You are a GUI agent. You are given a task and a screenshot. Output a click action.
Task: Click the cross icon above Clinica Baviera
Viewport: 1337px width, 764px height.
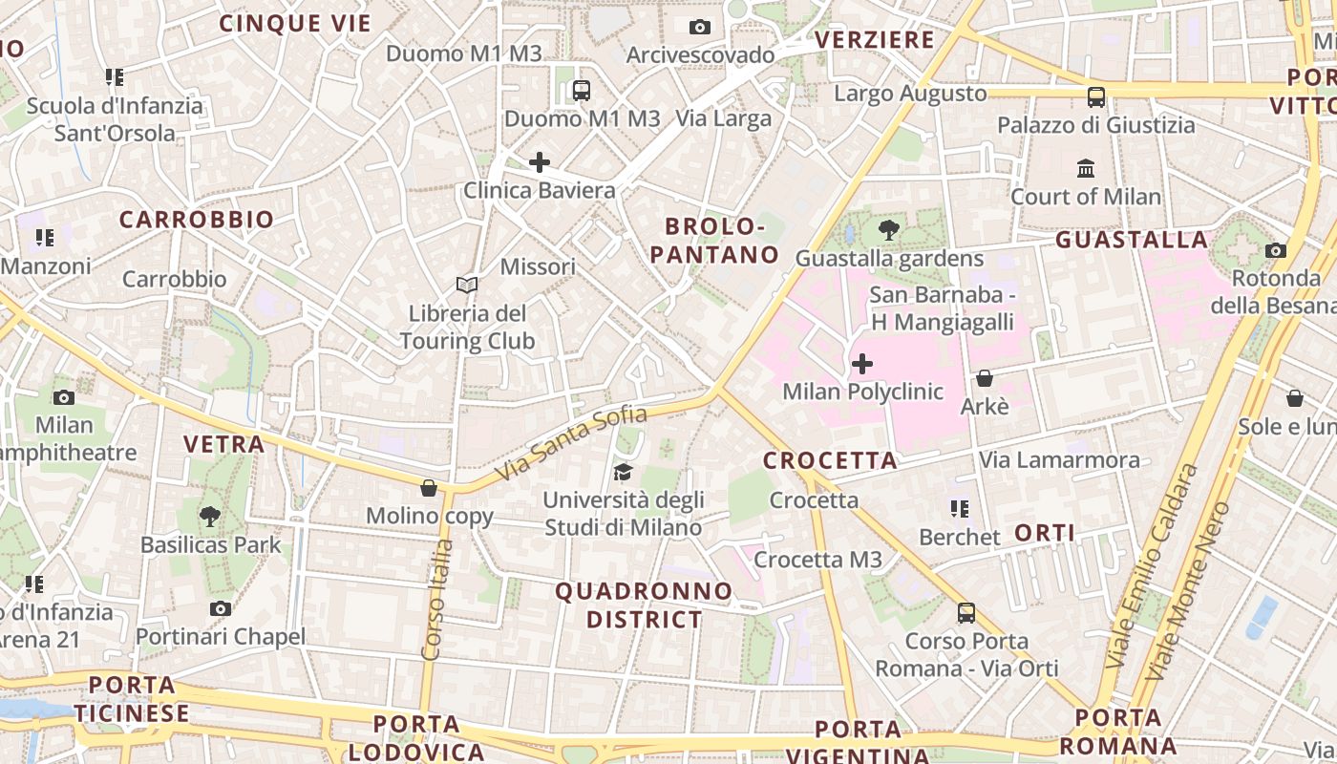coord(540,162)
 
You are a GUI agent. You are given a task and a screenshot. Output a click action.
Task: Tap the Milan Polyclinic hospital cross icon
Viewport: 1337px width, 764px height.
coord(862,364)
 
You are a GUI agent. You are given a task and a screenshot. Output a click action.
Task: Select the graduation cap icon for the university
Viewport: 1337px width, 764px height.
coord(624,473)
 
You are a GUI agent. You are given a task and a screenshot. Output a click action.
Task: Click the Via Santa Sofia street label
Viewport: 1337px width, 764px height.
coord(572,443)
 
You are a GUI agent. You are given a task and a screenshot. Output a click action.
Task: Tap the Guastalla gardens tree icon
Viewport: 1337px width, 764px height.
coord(889,230)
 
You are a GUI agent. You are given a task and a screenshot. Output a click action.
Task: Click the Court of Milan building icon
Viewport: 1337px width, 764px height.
coord(1086,169)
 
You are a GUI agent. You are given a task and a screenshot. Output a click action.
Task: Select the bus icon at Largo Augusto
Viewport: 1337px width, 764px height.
coord(1096,96)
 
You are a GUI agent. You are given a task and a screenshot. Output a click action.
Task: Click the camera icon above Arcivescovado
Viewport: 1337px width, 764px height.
coord(700,27)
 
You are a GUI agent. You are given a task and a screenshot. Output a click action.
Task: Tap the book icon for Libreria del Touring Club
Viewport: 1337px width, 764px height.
coord(467,285)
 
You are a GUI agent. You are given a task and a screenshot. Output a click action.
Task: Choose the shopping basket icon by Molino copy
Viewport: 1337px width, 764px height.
coord(429,488)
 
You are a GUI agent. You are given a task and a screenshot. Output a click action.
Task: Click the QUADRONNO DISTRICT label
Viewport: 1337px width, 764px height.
coord(644,605)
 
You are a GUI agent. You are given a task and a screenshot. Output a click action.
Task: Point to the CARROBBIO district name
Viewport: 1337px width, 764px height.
coord(197,220)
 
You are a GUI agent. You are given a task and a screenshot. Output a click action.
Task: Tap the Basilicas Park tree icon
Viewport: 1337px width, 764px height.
coord(210,517)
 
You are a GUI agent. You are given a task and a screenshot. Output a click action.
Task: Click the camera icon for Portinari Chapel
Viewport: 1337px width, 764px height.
coord(221,608)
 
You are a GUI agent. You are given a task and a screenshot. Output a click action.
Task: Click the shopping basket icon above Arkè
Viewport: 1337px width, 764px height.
coord(985,378)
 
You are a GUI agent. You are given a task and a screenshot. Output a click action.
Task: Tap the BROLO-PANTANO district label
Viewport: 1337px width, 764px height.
coord(722,241)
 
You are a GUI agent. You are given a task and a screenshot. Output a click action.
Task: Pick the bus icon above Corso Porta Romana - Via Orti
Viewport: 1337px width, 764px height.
coord(966,612)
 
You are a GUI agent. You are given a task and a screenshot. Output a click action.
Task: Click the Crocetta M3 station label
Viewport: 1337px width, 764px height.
coord(818,560)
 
